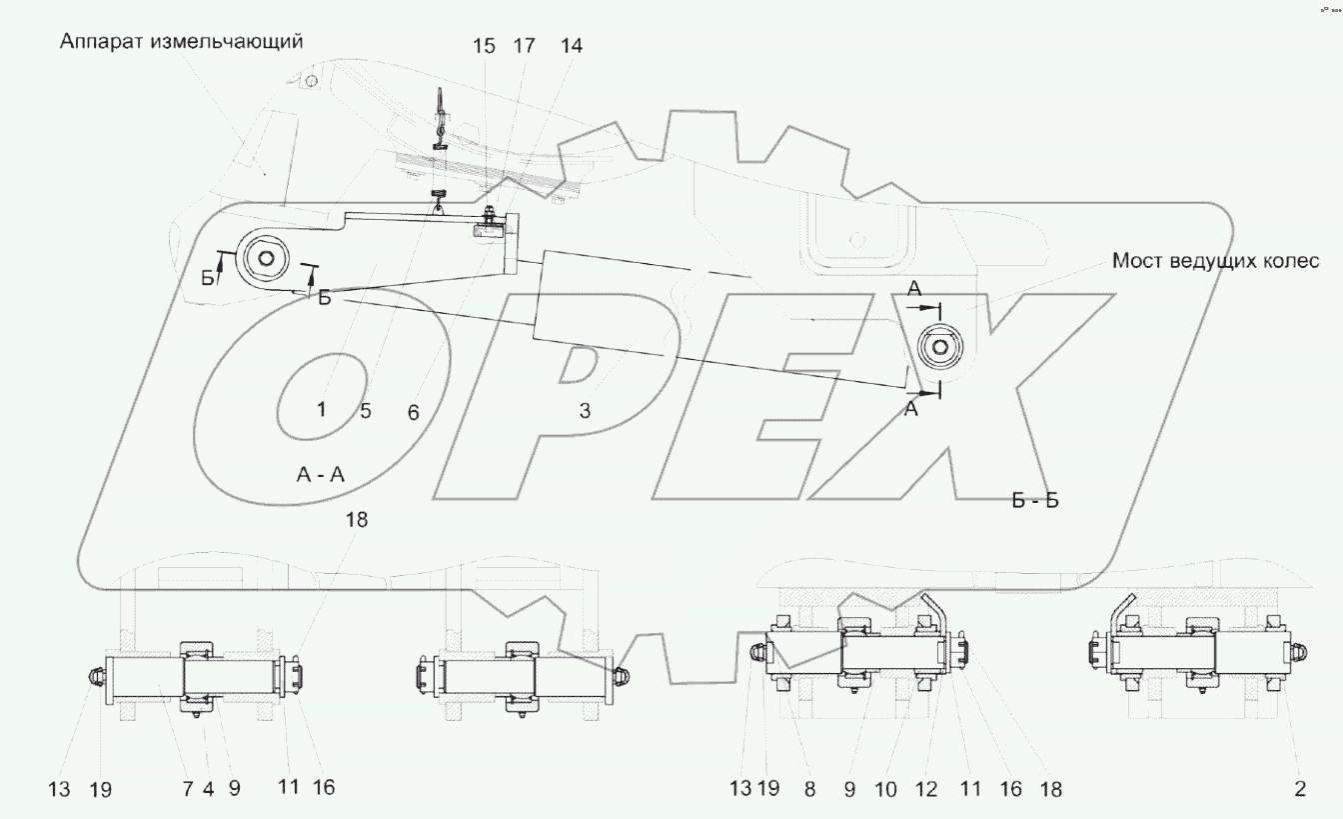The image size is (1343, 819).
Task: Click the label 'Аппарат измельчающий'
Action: (x=181, y=42)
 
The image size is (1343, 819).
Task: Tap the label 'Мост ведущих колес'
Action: (x=1216, y=261)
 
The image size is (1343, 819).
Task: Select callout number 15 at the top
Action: (x=485, y=46)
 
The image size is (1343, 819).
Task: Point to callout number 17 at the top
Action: (x=524, y=46)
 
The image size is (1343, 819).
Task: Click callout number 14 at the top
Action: (x=572, y=46)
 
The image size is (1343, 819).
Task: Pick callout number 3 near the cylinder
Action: (x=585, y=411)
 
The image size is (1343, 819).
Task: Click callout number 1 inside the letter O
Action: (x=322, y=410)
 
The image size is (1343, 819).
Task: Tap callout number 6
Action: (x=413, y=412)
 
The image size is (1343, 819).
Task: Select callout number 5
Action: (x=366, y=411)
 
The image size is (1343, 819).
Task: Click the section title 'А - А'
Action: (x=321, y=475)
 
